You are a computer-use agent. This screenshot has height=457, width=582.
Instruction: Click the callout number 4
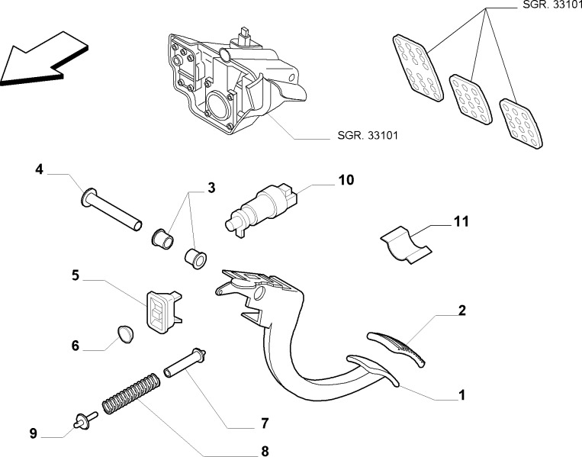[x=38, y=169]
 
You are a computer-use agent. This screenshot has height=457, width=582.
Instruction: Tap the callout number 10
[x=346, y=180]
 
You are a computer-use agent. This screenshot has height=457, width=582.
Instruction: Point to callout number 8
[x=265, y=450]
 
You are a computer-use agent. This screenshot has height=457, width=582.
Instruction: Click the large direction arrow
[x=38, y=60]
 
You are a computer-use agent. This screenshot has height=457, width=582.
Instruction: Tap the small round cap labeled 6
[x=124, y=333]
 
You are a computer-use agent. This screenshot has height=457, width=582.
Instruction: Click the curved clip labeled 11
[x=404, y=244]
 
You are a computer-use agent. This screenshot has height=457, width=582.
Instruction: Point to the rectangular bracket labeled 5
[x=162, y=311]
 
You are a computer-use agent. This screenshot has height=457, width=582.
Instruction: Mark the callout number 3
[x=211, y=187]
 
